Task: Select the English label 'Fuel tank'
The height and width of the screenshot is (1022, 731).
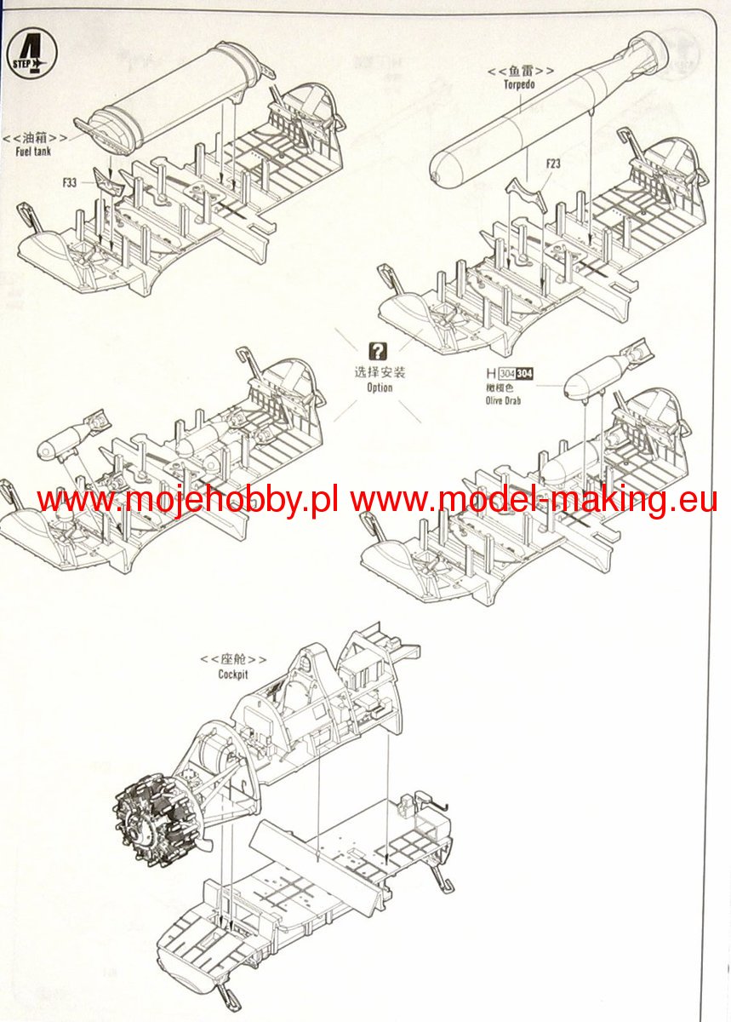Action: point(34,150)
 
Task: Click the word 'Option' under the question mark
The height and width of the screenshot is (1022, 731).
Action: point(380,388)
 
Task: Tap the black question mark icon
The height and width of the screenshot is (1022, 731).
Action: point(379,350)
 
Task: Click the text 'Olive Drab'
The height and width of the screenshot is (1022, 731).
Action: point(503,399)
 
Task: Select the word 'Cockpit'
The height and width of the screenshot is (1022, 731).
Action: point(232,674)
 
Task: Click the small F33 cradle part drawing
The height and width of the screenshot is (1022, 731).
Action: point(108,180)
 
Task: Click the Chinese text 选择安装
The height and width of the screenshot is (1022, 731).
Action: point(380,372)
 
